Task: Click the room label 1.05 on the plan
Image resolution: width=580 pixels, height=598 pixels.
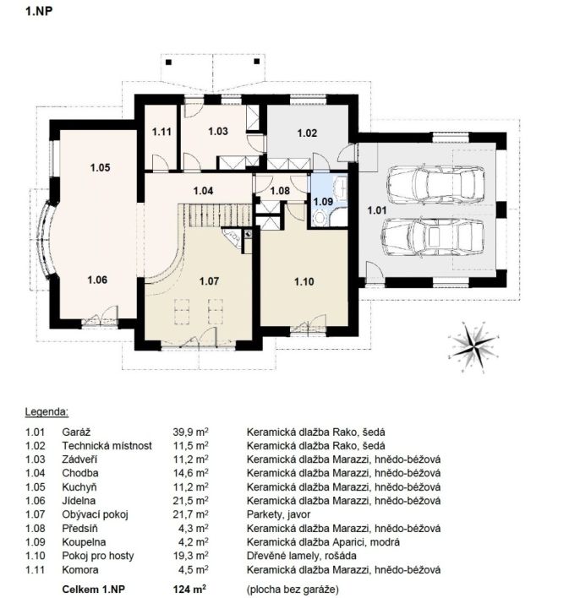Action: (x=100, y=167)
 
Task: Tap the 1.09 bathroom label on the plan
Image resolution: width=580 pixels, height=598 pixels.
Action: (x=323, y=201)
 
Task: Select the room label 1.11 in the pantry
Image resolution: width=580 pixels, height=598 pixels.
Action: (x=161, y=132)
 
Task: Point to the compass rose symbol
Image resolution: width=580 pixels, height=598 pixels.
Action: (x=473, y=347)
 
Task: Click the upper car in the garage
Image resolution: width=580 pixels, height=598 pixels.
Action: (x=435, y=184)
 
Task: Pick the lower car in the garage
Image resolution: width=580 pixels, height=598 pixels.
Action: (x=433, y=236)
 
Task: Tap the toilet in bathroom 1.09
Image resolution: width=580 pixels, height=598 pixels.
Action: (x=320, y=218)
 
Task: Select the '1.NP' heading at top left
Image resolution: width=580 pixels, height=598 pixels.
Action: (x=39, y=11)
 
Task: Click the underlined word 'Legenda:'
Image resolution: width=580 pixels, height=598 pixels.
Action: (x=47, y=412)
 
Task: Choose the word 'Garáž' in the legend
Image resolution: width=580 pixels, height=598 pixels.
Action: (x=76, y=432)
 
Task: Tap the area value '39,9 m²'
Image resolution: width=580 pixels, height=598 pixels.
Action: (x=190, y=432)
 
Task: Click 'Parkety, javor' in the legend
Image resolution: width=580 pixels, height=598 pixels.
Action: (x=278, y=514)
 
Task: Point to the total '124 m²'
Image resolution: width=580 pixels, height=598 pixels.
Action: (x=189, y=590)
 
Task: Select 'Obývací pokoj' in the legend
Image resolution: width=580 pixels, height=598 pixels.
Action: (x=95, y=514)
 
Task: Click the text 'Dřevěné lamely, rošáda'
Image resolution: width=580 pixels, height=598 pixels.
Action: (x=302, y=556)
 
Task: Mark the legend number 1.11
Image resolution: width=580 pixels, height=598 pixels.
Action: (x=36, y=570)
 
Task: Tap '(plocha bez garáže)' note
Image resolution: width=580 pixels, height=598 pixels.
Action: (x=293, y=590)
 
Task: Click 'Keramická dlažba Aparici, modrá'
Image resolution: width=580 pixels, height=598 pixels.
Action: (x=323, y=542)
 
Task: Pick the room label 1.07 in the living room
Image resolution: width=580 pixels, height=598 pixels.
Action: (x=209, y=281)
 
